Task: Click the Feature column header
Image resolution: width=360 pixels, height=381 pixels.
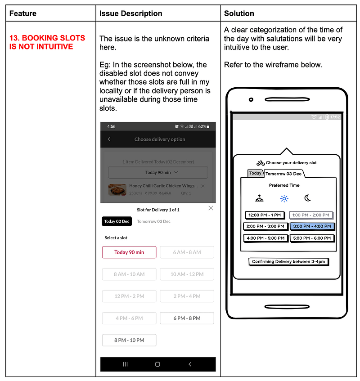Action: coord(22,13)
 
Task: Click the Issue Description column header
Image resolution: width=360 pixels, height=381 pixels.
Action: coord(130,13)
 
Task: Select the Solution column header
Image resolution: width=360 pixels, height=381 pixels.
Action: coord(239,13)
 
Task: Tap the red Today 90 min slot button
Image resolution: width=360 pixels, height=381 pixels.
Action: coord(129,252)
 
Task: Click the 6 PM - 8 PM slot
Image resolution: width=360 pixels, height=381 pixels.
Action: coord(187,318)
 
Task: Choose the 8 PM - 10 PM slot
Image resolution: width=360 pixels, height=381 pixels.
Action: coord(129,340)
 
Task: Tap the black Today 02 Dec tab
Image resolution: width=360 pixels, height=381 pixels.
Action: coord(117,221)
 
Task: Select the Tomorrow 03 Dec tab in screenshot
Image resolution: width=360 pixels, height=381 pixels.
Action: coord(153,221)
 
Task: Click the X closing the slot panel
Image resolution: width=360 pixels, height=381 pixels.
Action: coord(211,208)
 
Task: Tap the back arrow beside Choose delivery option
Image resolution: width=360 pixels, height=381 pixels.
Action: coord(109,139)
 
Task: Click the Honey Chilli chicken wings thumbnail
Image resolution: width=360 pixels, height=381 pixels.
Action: coord(117,189)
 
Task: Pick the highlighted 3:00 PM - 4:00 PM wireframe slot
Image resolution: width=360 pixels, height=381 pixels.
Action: coord(312,226)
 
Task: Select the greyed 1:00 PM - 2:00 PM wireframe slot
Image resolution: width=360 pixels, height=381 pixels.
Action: coord(311,215)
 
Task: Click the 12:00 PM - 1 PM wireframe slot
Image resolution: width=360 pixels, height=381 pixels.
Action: coord(265,215)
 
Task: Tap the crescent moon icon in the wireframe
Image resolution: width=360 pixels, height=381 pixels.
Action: coord(308,198)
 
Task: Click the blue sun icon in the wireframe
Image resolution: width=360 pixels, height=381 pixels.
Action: coord(284,198)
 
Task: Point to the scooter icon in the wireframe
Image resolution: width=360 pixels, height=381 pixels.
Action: coord(261,163)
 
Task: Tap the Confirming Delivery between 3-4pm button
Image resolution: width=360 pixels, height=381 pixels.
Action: coord(288,261)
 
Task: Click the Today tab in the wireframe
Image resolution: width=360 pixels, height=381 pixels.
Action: coord(255,173)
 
